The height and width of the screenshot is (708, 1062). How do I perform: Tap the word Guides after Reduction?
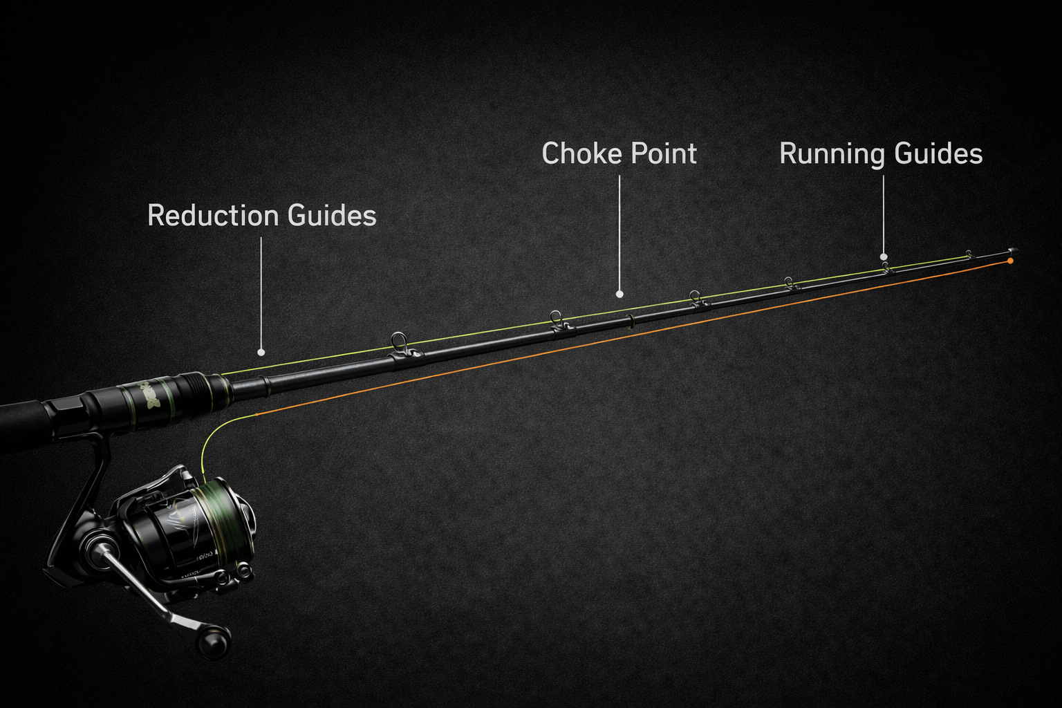[x=332, y=216]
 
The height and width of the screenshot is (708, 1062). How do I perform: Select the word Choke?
[x=579, y=153]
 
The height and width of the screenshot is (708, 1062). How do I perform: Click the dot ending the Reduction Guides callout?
[x=261, y=353]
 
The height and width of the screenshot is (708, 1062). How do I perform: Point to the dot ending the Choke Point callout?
[x=619, y=295]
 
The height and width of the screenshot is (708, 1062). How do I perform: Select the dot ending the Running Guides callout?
[x=884, y=257]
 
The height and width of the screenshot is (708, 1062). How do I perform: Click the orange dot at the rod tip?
[x=1011, y=261]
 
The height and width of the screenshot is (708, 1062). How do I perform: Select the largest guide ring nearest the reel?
[x=399, y=342]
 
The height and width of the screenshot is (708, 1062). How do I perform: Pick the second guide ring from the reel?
[x=555, y=317]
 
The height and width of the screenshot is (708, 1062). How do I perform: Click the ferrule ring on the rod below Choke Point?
[x=630, y=321]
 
